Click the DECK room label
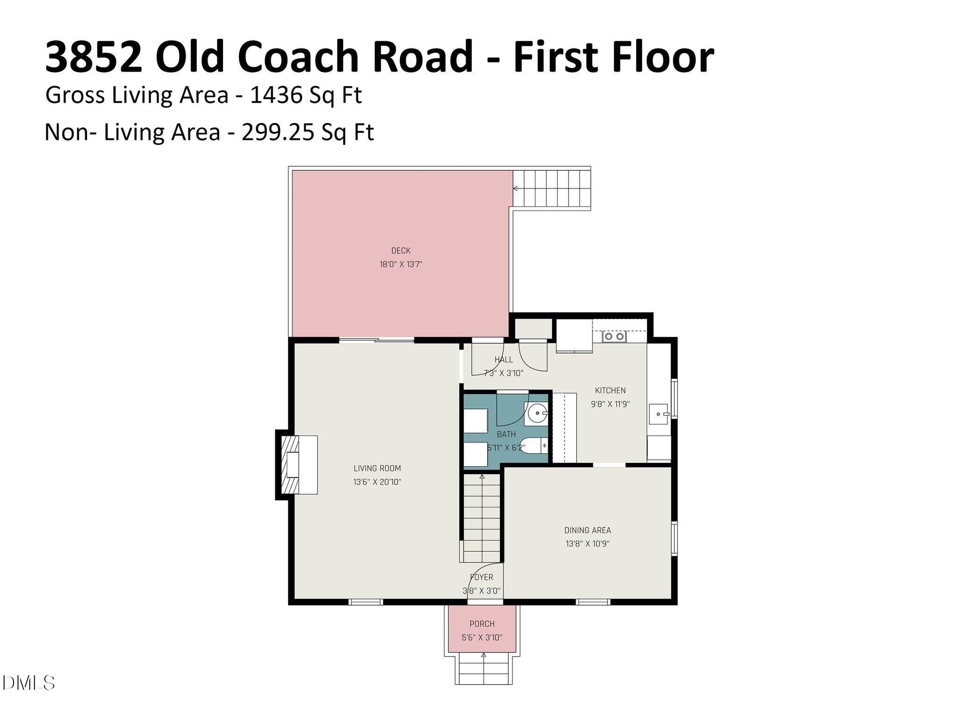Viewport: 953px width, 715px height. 401,251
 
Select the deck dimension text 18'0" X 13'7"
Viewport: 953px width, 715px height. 401,264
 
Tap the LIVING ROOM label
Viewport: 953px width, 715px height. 377,468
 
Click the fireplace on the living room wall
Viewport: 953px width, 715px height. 295,464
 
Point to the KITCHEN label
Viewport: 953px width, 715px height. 610,390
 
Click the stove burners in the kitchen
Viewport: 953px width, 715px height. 614,336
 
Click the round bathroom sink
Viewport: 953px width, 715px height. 536,413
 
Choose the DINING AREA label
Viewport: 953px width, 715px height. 587,530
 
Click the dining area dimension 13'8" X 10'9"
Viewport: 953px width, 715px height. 587,544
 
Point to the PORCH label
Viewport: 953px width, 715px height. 482,624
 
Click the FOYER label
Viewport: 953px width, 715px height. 481,577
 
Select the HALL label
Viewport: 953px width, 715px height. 504,360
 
